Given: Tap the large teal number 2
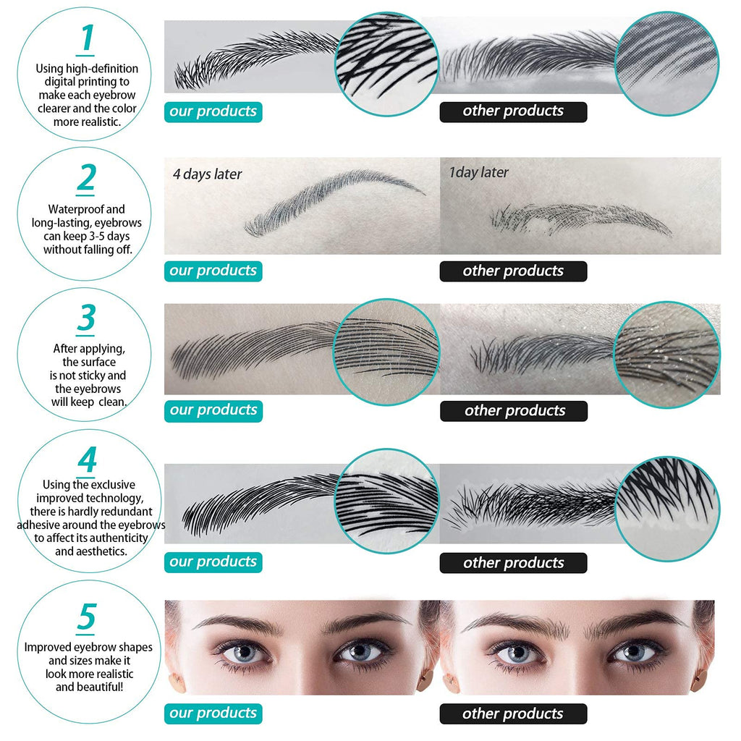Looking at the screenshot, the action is tap(86, 178).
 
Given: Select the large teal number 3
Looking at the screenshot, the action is tap(86, 318).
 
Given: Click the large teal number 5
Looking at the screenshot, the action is tap(87, 617).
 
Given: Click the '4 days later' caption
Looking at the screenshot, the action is tap(207, 174).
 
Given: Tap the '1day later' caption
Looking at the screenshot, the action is tap(479, 172).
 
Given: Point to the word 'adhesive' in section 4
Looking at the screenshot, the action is tap(38, 525).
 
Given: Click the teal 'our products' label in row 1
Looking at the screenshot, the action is tap(213, 111).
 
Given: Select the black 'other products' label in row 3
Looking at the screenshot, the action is tap(514, 411).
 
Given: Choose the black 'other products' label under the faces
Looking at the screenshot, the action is tap(513, 714).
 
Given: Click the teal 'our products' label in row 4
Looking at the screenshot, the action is tap(213, 562).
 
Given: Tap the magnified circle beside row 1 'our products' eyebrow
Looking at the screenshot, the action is tap(387, 64).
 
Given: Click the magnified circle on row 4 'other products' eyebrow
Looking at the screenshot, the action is tap(667, 509).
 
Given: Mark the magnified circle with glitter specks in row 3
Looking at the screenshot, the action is tap(666, 355).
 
